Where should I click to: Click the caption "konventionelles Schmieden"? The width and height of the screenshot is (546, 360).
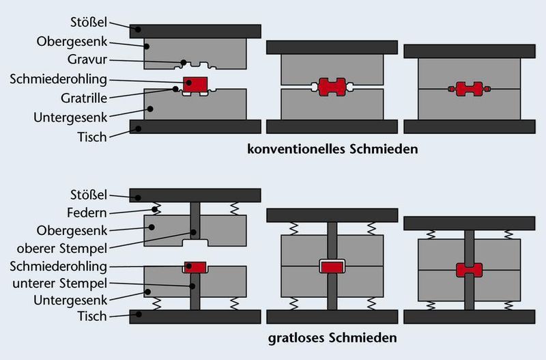[x=332, y=148]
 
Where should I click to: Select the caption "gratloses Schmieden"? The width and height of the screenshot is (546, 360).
[x=332, y=337]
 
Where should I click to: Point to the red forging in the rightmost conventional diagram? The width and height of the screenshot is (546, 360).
[x=469, y=89]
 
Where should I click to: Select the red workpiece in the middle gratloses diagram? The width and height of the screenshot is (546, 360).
[x=332, y=266]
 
